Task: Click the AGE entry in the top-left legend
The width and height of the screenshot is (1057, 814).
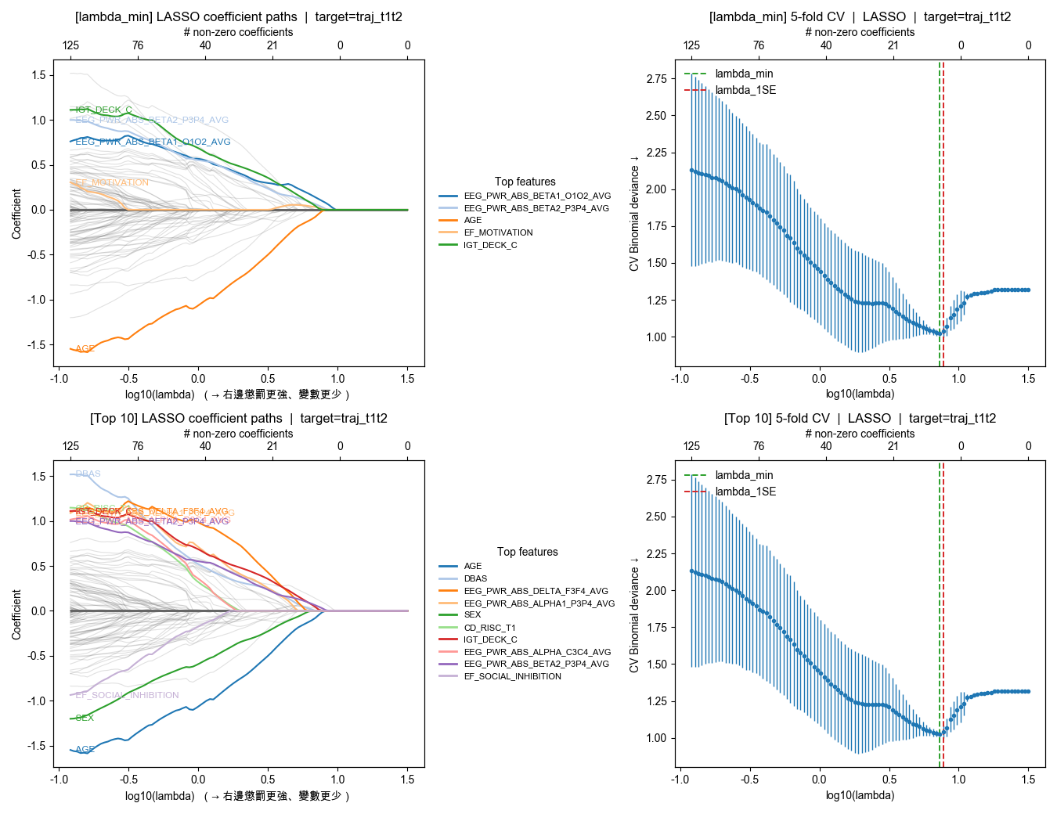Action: [472, 221]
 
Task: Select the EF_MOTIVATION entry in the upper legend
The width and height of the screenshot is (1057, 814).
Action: [498, 232]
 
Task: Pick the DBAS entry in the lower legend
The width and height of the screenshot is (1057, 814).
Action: [475, 578]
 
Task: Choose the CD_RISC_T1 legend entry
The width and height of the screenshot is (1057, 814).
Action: [489, 628]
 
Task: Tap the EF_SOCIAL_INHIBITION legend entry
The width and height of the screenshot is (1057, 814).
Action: [512, 676]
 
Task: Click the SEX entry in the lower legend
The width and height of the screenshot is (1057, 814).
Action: [472, 615]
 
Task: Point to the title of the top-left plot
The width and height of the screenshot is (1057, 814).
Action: [239, 16]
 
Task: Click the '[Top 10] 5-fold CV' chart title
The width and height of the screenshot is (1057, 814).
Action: [860, 418]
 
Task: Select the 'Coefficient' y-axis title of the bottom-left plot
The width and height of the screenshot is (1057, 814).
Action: [16, 614]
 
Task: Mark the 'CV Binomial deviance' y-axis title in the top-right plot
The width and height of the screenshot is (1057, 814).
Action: [634, 213]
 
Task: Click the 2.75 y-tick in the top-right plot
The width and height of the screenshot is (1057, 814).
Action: [657, 78]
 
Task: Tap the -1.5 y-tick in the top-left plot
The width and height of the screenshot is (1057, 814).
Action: [38, 345]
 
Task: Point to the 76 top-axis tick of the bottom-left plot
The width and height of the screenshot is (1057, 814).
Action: [138, 446]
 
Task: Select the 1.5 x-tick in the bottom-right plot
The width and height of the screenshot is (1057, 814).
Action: [1028, 779]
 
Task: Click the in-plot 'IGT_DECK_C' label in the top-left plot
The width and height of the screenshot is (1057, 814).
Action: [103, 110]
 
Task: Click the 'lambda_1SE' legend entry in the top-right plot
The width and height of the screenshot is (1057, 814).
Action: [745, 90]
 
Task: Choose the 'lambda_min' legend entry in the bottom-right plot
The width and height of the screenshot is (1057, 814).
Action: [744, 475]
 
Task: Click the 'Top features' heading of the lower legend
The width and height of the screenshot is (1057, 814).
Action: [527, 552]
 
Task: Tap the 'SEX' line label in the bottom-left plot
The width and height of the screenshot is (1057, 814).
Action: [85, 718]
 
